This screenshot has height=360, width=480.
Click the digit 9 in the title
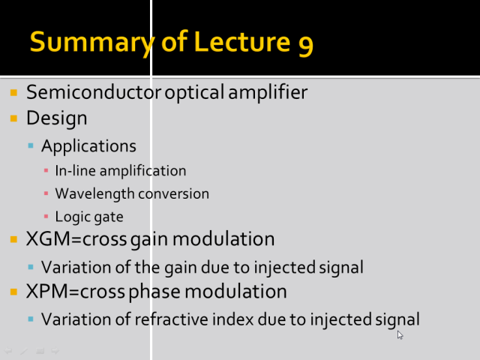pos(306,45)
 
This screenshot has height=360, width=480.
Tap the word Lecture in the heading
pos(241,41)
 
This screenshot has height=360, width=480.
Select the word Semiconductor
pos(94,91)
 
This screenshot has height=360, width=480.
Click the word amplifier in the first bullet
pos(268,92)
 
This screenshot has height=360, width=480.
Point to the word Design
pos(57,118)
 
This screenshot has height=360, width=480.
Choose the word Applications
pos(88,146)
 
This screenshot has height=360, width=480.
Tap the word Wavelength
pos(94,194)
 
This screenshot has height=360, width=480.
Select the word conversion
pos(173,194)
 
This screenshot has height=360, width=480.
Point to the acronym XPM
pos(46,291)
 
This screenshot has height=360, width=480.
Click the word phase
pos(154,292)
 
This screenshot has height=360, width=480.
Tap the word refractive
pos(172,319)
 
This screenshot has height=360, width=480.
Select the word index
pos(233,319)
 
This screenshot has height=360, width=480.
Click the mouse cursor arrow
pos(400,335)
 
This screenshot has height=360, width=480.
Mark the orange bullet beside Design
pos(13,118)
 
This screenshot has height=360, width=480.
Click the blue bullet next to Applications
pos(31,145)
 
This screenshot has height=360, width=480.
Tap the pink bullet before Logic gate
pos(46,217)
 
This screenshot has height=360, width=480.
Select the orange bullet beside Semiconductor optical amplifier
pos(13,92)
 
